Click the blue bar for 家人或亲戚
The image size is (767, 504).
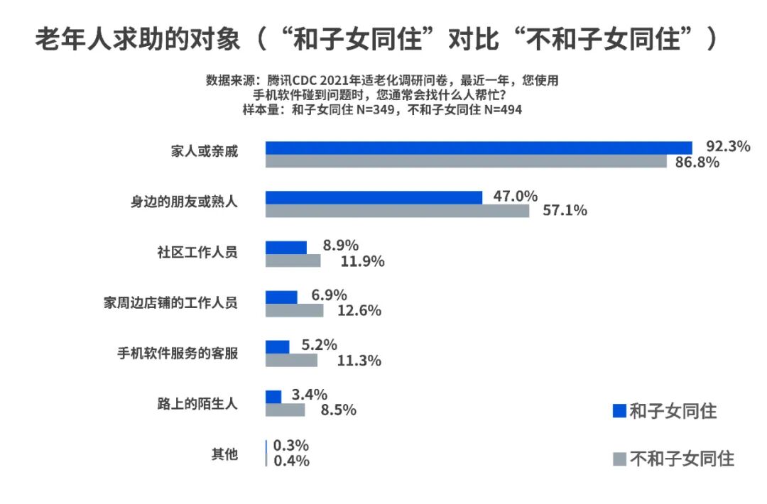[479, 148]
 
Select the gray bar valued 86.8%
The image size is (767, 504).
[466, 162]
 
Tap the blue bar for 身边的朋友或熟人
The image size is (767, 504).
[374, 197]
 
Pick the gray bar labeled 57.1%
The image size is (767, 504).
[397, 211]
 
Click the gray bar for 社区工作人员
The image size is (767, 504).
[293, 261]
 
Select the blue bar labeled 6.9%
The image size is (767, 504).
[281, 297]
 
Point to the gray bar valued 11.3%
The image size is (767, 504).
[291, 361]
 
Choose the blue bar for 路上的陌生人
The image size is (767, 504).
[273, 396]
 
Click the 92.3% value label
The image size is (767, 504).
[728, 147]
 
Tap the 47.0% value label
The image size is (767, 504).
[515, 197]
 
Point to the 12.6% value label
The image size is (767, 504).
[359, 311]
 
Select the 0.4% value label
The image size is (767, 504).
[291, 461]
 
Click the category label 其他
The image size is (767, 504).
[224, 454]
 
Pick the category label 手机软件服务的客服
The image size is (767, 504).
[178, 353]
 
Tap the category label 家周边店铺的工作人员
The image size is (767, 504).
[170, 303]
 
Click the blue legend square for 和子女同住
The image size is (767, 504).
[619, 411]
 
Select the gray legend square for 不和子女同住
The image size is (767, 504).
[619, 459]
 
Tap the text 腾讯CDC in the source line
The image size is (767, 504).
[298, 80]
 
